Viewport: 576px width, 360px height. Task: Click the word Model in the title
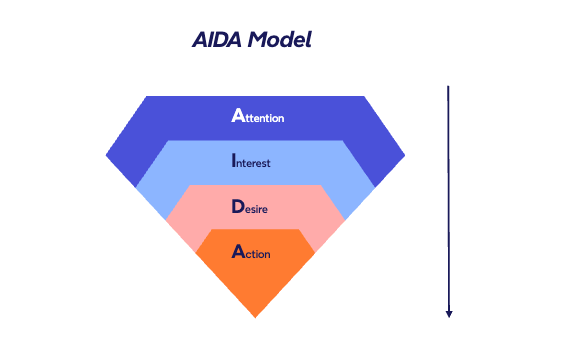(280, 41)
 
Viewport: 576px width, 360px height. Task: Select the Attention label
(258, 116)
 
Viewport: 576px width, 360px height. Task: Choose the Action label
(251, 252)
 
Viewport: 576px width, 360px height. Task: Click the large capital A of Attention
(237, 115)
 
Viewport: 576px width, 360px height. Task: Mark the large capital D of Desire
(237, 207)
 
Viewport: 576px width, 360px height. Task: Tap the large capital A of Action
(237, 251)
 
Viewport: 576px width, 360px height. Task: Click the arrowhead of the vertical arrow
(449, 313)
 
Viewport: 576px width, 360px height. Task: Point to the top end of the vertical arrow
(448, 88)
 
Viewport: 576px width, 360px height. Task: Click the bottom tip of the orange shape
(256, 317)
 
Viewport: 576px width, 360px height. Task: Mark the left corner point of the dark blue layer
(107, 155)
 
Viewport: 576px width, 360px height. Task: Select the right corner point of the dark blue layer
(404, 155)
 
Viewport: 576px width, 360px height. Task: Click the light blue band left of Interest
(180, 165)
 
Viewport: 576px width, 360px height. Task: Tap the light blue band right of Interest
(330, 165)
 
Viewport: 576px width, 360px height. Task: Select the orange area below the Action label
(256, 285)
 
